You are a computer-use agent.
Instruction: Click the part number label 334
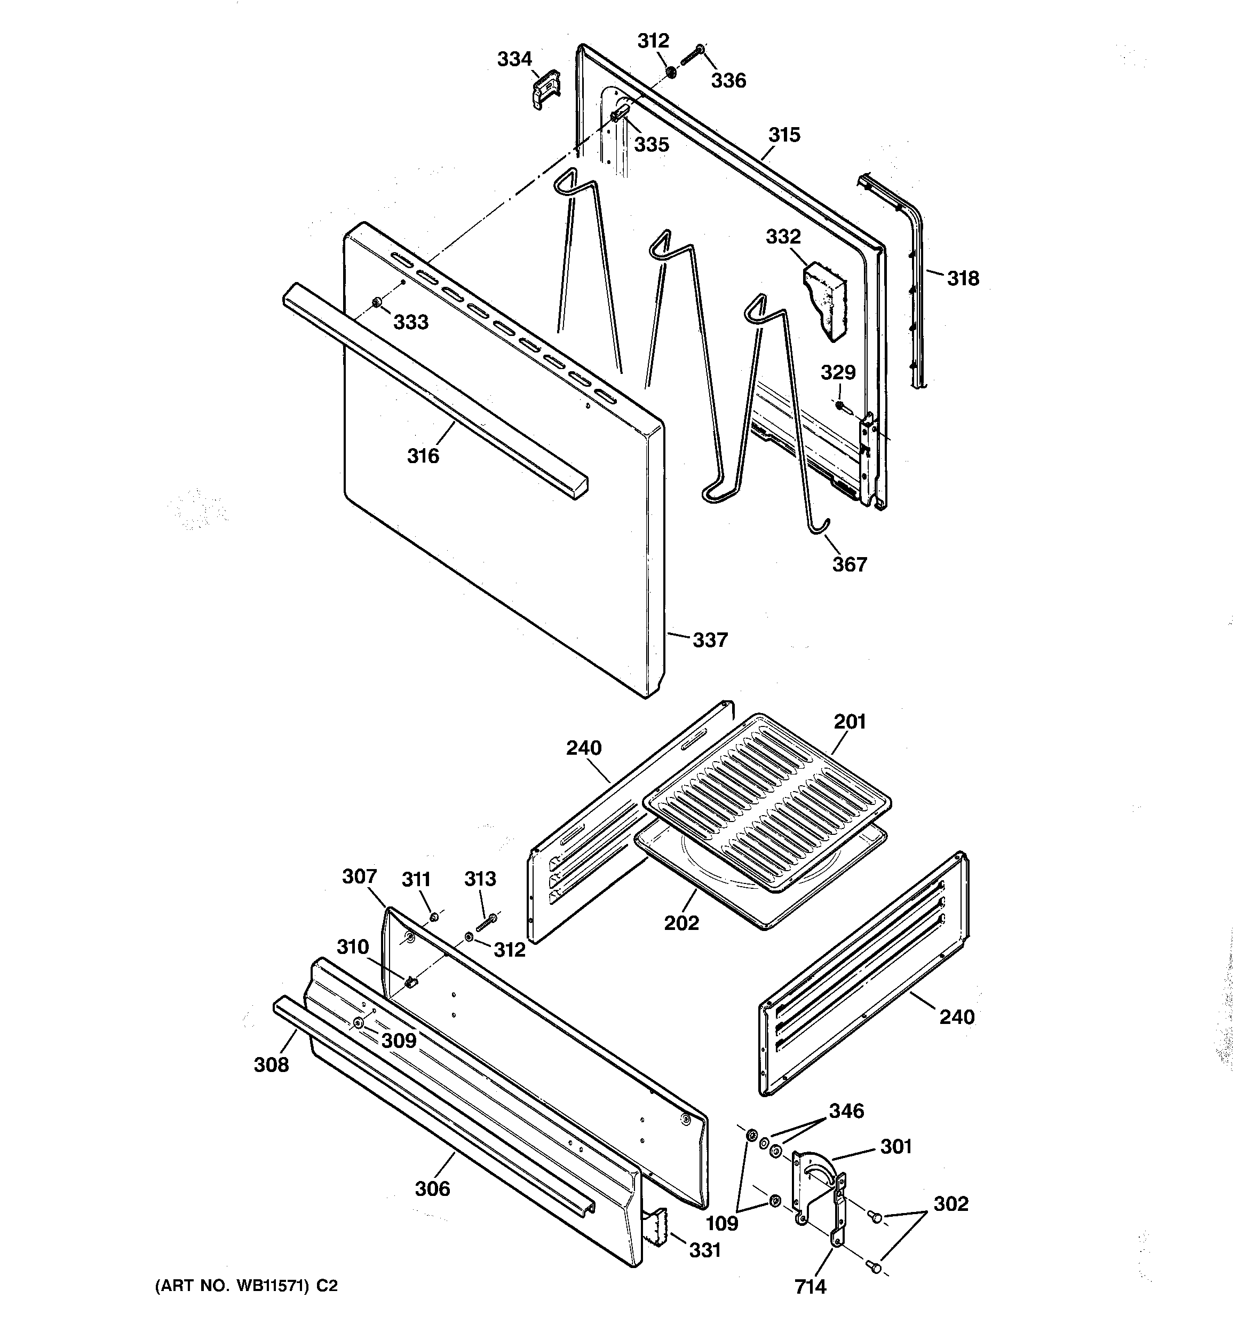[514, 59]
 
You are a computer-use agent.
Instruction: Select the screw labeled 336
[693, 54]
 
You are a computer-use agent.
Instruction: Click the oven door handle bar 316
[432, 393]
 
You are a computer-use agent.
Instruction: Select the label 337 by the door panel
[710, 640]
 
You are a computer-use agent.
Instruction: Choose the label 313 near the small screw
[480, 879]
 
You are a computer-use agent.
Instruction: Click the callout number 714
[810, 1287]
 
